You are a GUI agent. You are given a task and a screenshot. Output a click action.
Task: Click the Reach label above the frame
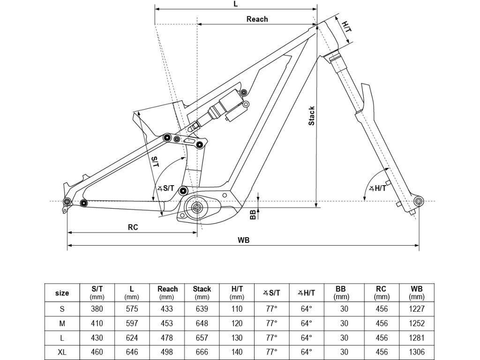pyautogui.click(x=257, y=19)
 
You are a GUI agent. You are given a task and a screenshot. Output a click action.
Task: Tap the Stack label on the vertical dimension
pyautogui.click(x=311, y=116)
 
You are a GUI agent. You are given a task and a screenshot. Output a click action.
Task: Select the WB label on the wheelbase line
pyautogui.click(x=244, y=240)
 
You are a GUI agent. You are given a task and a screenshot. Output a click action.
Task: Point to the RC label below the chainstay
pyautogui.click(x=133, y=227)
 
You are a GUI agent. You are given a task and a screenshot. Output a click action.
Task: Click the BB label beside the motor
pyautogui.click(x=253, y=215)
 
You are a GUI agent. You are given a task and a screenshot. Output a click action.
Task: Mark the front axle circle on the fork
pyautogui.click(x=419, y=201)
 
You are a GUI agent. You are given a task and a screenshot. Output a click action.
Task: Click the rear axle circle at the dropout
pyautogui.click(x=67, y=202)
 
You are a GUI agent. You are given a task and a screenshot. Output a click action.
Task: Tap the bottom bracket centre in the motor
pyautogui.click(x=196, y=208)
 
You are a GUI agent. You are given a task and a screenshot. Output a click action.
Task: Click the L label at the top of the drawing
pyautogui.click(x=235, y=4)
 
